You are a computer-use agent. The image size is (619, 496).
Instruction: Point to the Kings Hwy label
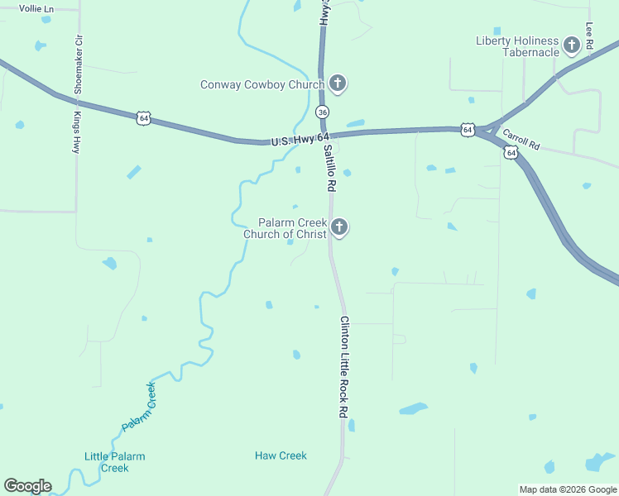point(75,133)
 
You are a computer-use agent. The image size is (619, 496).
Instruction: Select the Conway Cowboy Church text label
point(262,84)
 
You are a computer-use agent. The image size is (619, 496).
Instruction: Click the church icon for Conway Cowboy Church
point(338,83)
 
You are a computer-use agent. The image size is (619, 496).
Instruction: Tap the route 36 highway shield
point(322,112)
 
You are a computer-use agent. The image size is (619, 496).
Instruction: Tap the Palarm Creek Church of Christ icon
point(338,227)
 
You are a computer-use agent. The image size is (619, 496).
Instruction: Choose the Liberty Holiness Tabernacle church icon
point(571,45)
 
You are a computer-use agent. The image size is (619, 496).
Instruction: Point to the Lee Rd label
point(589,37)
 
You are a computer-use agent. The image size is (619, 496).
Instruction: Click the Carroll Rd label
point(521,141)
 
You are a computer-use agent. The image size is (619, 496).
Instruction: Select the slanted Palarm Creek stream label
point(139,406)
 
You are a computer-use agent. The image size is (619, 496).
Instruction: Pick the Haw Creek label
point(281,455)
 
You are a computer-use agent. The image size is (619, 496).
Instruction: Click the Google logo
point(27,486)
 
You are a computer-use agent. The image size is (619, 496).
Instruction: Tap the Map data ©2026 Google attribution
point(569,489)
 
